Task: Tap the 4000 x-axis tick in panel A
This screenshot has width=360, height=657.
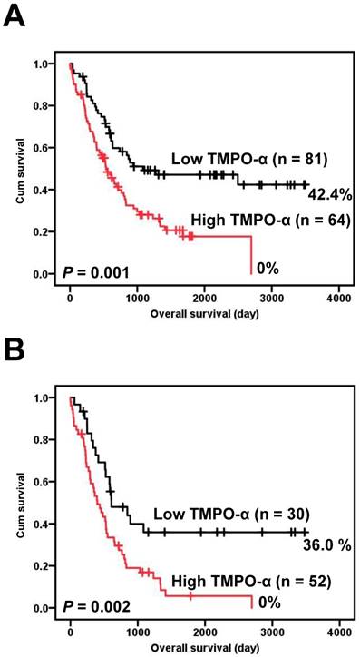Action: pyautogui.click(x=338, y=296)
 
